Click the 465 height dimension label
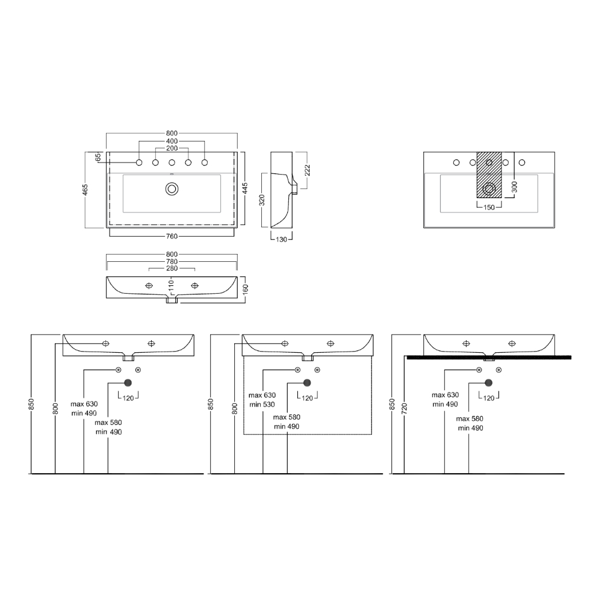[85, 190]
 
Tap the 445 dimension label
[245, 188]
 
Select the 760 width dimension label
[172, 236]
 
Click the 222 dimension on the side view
[307, 170]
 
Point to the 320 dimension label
[262, 200]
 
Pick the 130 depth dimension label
[281, 240]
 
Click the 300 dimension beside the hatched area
[515, 187]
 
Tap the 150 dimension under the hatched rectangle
[489, 208]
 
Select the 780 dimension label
[172, 261]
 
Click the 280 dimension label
[172, 268]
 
